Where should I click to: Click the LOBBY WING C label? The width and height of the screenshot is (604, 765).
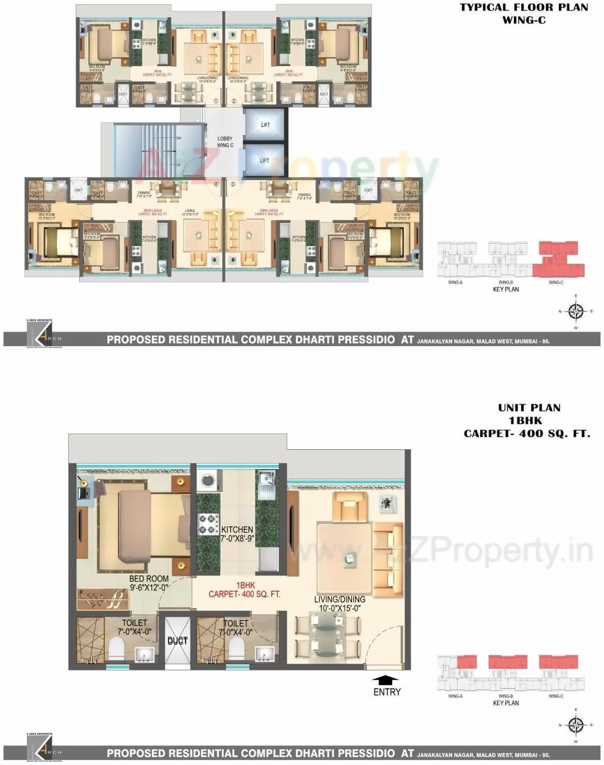225,142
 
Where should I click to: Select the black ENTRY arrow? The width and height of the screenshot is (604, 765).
385,680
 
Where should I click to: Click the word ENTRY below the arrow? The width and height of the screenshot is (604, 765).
387,692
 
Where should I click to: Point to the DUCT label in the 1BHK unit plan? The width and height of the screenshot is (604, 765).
178,641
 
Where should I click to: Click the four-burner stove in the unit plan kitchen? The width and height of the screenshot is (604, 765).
208,523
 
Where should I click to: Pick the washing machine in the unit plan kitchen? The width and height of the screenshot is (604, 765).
208,480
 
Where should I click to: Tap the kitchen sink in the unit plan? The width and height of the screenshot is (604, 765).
266,482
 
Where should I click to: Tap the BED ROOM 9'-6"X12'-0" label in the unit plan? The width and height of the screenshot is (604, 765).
149,583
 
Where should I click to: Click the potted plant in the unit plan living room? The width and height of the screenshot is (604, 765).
386,502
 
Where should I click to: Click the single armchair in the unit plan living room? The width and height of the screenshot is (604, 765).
348,506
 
